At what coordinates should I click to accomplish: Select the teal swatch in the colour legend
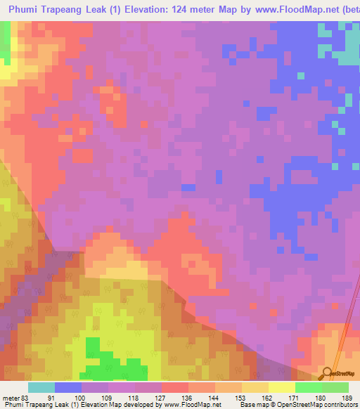[41, 387]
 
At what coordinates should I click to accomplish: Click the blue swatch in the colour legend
[68, 387]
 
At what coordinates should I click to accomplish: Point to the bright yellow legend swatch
[281, 387]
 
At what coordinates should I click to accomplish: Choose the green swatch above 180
[308, 387]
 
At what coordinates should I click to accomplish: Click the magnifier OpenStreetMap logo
[328, 373]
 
